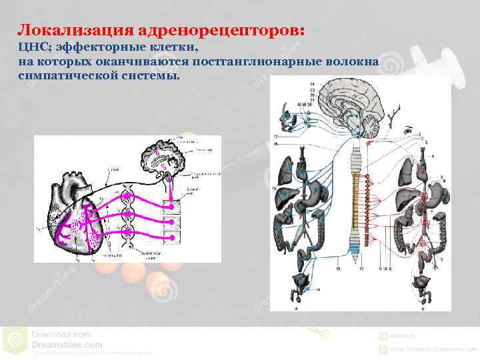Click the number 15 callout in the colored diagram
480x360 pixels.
pos(274,189)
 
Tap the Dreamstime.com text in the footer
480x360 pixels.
pos(67,345)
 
